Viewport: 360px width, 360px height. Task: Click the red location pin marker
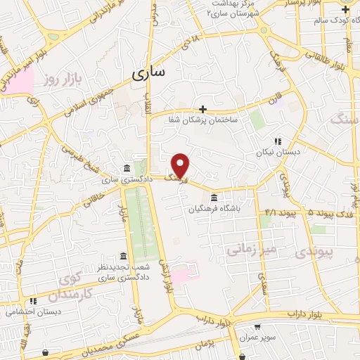[x=181, y=165]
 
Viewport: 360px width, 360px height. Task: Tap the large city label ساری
[x=147, y=72]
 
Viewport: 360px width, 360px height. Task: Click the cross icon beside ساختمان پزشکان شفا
[x=202, y=109]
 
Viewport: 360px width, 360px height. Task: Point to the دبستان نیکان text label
[x=297, y=151]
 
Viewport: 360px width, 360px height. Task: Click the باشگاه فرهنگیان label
[x=214, y=208]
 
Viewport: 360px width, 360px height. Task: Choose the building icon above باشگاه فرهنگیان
[x=214, y=197]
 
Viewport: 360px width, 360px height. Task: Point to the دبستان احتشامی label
[x=25, y=311]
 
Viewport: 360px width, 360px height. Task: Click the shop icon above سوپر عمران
[x=258, y=327]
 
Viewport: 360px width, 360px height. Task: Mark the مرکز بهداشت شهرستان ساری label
[x=234, y=8]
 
